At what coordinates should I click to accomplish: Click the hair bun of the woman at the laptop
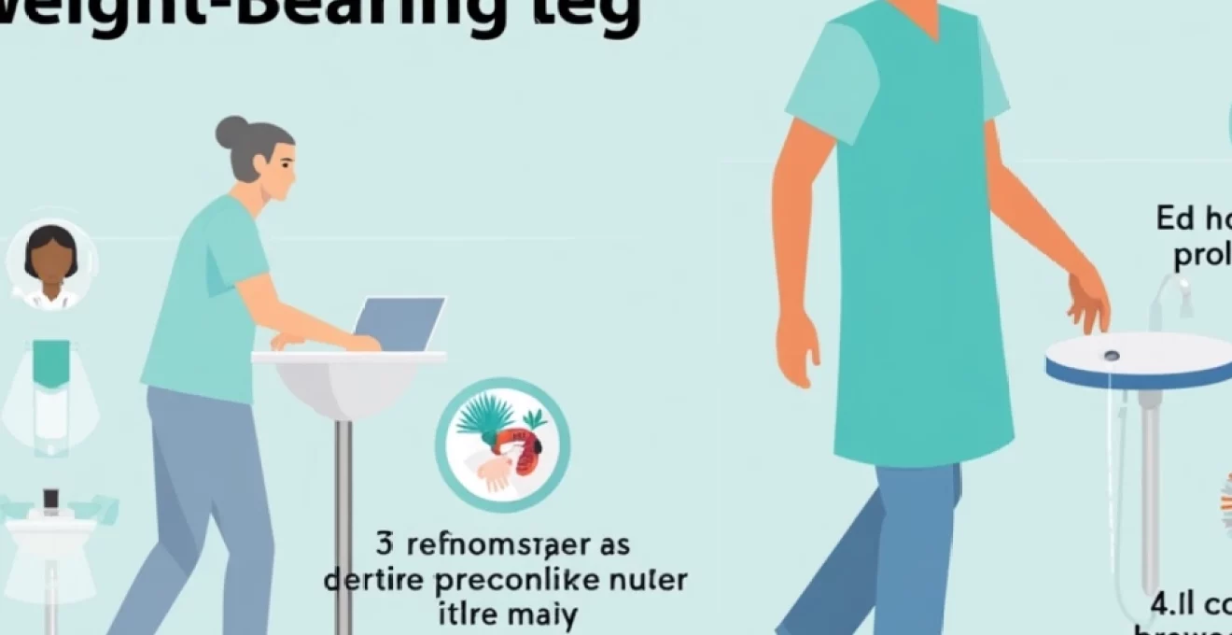click(x=231, y=133)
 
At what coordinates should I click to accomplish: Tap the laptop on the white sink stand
click(x=399, y=323)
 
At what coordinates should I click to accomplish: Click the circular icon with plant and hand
click(x=502, y=444)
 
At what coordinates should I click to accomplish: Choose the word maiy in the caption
click(x=539, y=615)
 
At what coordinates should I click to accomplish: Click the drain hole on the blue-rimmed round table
click(x=1111, y=356)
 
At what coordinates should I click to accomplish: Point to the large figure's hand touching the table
click(x=1088, y=303)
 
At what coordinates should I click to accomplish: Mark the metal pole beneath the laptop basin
click(x=343, y=523)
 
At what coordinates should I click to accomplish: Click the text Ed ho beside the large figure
click(x=1193, y=219)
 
